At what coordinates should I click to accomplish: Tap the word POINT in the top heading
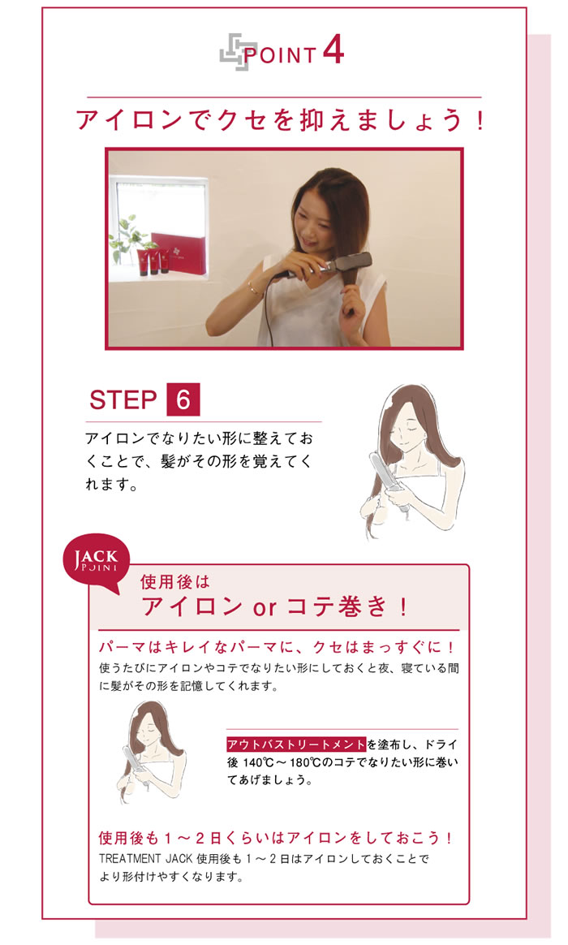coord(279,55)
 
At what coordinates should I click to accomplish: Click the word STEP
coord(123,399)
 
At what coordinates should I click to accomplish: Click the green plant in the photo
coord(127,237)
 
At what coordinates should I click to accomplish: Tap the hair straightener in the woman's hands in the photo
coord(329,266)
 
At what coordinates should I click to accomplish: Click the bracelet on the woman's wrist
coord(252,288)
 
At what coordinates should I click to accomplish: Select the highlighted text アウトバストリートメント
coord(296,744)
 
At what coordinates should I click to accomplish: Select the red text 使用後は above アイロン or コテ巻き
coord(174,581)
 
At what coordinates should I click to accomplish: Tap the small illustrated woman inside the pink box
coord(152,750)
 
